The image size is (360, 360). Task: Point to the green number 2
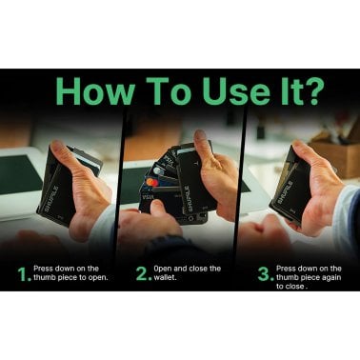click(x=141, y=275)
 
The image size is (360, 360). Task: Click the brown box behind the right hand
click(x=341, y=152)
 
